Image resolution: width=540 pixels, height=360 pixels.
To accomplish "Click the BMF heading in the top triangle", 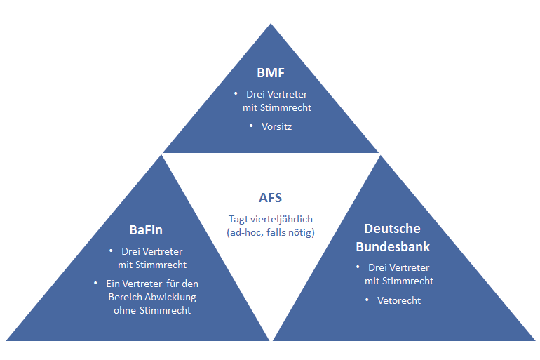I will [x=271, y=72].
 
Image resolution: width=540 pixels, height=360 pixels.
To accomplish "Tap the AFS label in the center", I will [x=271, y=198].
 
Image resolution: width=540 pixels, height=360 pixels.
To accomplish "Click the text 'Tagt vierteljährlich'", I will [x=271, y=219].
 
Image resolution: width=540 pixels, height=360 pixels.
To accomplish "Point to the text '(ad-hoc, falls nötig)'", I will [x=271, y=232].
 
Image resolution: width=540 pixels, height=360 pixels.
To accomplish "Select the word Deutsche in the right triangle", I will [x=392, y=229].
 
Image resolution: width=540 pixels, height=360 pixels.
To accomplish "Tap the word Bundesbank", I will [x=392, y=246].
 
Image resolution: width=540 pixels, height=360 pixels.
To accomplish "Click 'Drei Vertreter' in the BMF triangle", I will [x=276, y=94].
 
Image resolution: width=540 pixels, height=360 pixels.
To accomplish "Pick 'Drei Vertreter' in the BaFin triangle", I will [x=152, y=251].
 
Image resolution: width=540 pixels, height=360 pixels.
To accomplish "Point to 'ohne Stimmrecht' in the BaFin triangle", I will [x=151, y=310].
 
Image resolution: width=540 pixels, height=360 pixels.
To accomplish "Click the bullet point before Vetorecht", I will [x=367, y=300].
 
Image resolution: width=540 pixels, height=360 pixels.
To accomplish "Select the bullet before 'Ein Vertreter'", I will [x=95, y=283].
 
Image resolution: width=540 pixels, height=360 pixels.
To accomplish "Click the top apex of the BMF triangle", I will [x=271, y=24].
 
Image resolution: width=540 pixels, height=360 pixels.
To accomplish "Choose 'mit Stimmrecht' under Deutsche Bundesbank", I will [x=398, y=281].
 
